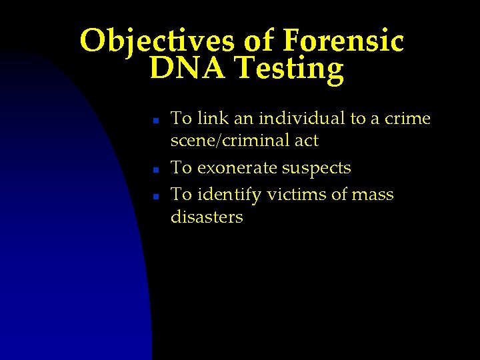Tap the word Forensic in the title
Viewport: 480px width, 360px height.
(x=343, y=41)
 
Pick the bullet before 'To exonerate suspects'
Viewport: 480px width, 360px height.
(x=154, y=170)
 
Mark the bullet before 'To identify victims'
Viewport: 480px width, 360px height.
(x=154, y=197)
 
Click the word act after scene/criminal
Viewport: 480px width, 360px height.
(x=306, y=141)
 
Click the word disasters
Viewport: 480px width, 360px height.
(x=207, y=217)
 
